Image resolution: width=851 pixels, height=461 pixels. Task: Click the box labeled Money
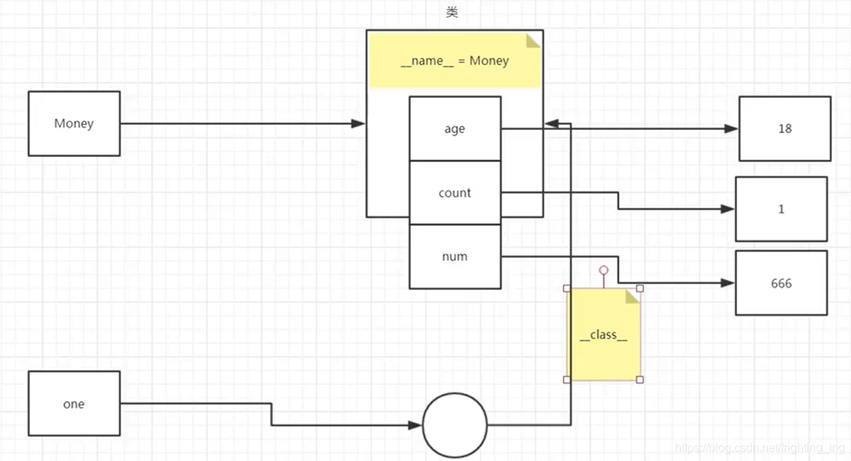click(74, 123)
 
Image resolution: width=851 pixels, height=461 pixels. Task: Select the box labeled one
click(74, 403)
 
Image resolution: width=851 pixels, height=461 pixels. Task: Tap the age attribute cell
click(455, 129)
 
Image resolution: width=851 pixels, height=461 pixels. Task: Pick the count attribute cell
click(455, 193)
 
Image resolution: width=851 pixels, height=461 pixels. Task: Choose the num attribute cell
click(455, 256)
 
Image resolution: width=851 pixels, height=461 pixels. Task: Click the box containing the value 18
click(785, 129)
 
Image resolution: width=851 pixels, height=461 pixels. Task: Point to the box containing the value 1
click(781, 209)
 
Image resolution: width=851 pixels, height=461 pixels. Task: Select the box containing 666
click(781, 283)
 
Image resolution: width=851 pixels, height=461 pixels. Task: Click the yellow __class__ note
click(604, 335)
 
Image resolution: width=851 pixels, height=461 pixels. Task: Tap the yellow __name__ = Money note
click(455, 61)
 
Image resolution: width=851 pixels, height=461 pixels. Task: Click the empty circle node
click(455, 424)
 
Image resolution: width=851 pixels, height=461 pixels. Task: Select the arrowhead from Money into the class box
click(358, 124)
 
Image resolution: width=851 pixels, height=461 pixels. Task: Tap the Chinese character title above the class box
click(453, 12)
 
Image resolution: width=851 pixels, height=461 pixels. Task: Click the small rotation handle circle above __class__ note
click(604, 270)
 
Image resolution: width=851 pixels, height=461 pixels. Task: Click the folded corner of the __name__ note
click(534, 40)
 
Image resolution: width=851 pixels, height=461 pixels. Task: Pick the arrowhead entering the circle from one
click(416, 424)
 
